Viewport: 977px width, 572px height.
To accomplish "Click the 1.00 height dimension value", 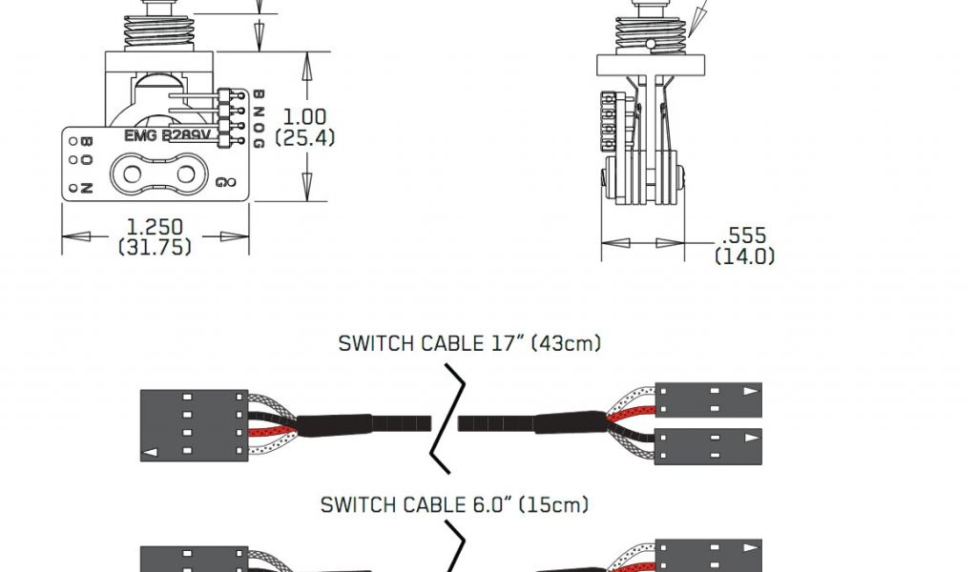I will tap(304, 117).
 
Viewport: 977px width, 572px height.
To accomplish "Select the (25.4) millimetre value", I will tap(304, 138).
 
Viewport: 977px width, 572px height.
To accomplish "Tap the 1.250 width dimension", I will tap(155, 228).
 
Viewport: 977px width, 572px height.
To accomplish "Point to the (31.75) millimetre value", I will tap(155, 247).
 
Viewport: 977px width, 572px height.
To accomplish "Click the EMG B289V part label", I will tap(167, 135).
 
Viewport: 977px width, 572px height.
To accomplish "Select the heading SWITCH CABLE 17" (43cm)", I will tap(469, 343).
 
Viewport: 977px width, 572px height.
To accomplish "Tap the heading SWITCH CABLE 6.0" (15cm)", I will tap(454, 504).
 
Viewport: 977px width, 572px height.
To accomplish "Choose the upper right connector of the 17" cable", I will tap(708, 400).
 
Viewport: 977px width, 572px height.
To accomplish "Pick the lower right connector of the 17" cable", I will tap(708, 446).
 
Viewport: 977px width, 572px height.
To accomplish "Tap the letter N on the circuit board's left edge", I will tap(86, 188).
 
